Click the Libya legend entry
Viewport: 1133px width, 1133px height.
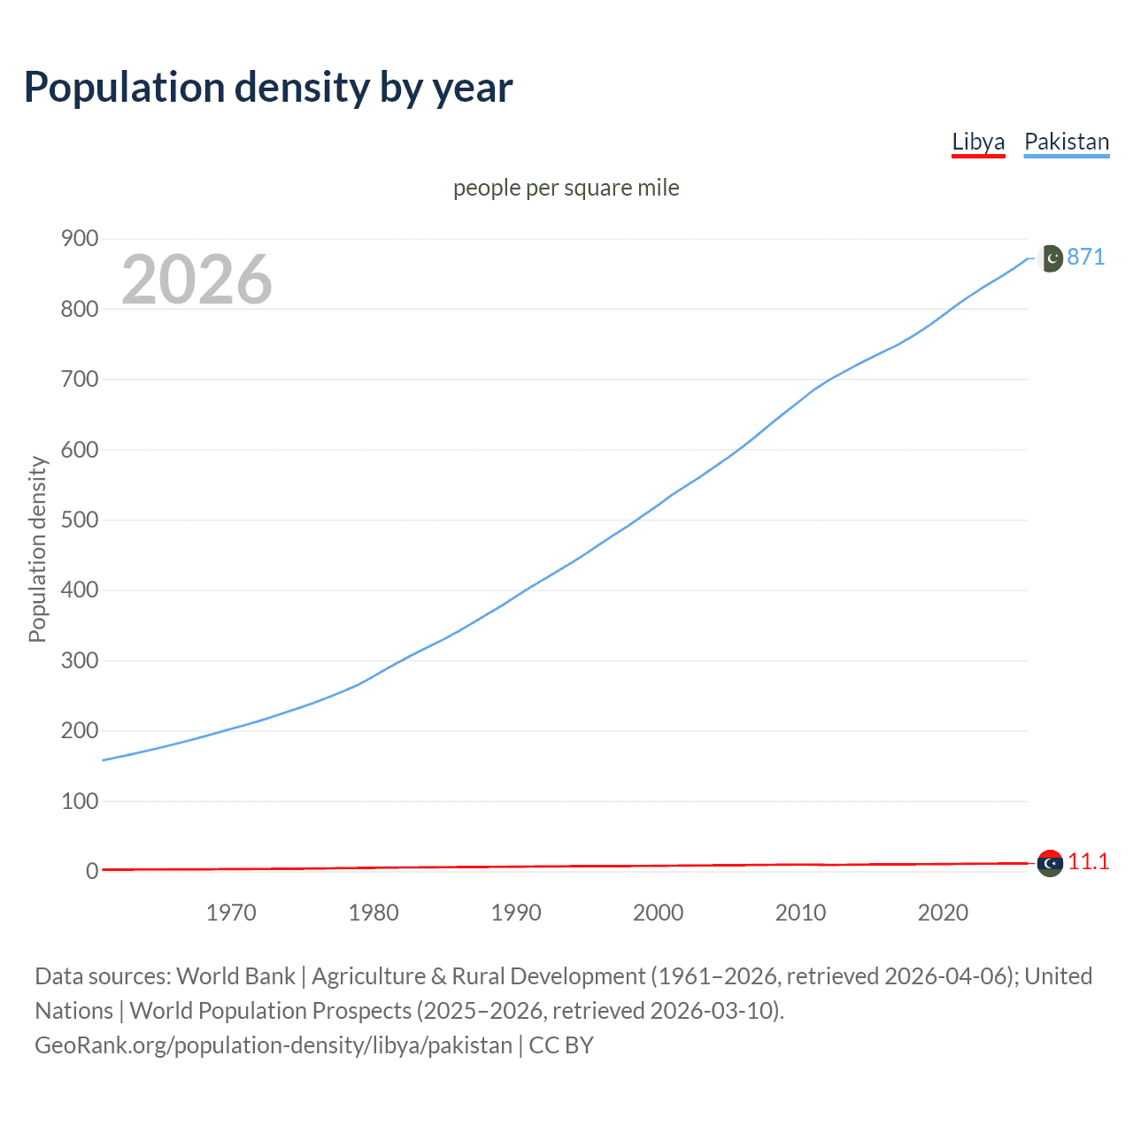978,142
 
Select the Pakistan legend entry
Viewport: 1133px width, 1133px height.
1066,142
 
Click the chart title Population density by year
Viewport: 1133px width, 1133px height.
268,88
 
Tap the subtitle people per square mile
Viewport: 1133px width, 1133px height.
566,188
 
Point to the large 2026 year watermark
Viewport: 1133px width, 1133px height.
197,280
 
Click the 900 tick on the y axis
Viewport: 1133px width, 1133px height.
79,239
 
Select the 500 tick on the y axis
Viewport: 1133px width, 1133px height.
79,520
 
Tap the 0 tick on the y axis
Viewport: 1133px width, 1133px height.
91,871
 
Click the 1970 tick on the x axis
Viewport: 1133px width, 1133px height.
231,913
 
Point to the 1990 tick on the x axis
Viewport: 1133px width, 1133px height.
516,913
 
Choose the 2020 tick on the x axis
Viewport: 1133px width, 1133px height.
943,913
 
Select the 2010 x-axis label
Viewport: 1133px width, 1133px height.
800,913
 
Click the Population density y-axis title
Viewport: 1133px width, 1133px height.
37,549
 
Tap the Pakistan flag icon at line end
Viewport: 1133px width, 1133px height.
1050,258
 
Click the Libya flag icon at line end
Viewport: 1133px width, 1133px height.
1050,862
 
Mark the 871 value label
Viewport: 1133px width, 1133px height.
1086,257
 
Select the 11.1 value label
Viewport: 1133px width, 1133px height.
1088,861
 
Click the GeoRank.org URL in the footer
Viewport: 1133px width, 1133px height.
273,1045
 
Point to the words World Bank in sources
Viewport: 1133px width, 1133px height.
235,976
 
